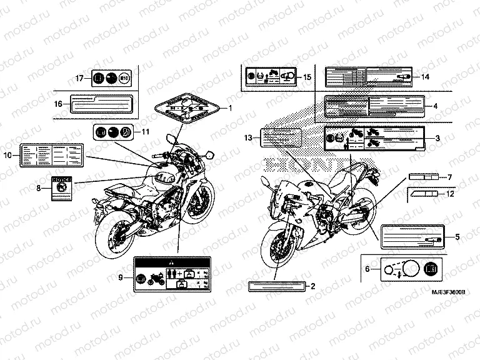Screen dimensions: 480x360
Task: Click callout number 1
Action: point(230,108)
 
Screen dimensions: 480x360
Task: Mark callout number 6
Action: point(367,269)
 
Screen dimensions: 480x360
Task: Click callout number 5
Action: point(457,237)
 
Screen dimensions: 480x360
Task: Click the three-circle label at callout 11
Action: point(112,132)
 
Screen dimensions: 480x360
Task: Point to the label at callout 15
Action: point(269,77)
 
